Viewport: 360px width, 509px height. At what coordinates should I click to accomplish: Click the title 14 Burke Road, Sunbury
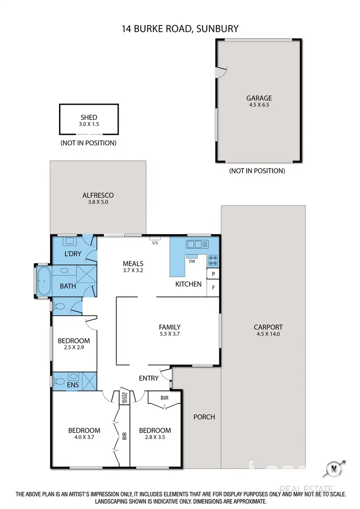coord(180,29)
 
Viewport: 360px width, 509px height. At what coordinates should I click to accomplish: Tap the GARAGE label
coord(259,98)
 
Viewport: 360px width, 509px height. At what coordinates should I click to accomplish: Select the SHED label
coord(89,117)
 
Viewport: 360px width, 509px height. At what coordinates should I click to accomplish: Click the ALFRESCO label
coord(97,195)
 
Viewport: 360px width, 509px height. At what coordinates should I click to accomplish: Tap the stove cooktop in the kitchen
coord(213,261)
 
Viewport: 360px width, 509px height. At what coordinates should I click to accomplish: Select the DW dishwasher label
coord(192,261)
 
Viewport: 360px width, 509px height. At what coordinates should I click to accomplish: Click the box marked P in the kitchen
coord(213,273)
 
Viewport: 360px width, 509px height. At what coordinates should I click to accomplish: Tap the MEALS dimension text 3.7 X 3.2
coord(133,271)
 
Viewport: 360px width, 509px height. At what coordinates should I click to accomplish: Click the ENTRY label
coord(148,378)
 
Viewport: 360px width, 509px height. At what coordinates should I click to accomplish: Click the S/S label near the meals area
coord(155,243)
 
